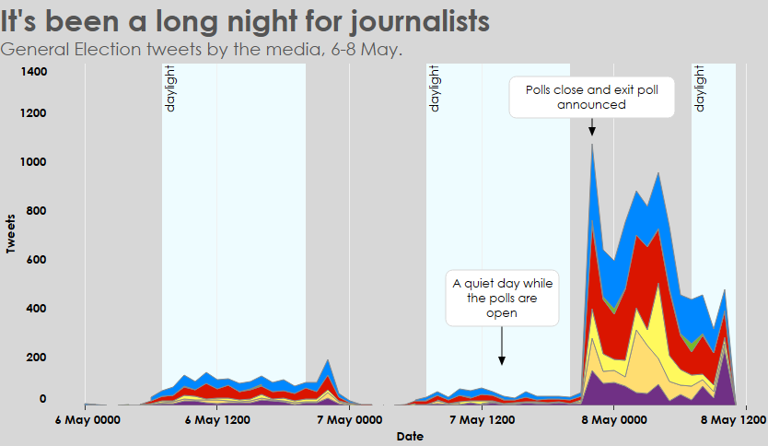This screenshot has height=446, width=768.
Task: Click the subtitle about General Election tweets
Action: click(x=202, y=49)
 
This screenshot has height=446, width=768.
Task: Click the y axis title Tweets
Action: click(x=12, y=234)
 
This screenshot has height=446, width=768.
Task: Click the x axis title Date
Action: click(x=410, y=437)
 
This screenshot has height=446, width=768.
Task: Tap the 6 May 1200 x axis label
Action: click(x=217, y=420)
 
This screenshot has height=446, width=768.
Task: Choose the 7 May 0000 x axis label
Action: click(x=349, y=420)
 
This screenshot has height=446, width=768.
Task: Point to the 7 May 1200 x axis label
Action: click(x=482, y=420)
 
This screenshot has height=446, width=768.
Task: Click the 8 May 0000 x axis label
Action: click(x=614, y=420)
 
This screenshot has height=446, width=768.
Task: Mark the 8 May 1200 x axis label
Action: click(x=733, y=420)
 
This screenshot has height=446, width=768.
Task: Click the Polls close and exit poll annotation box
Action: click(x=591, y=97)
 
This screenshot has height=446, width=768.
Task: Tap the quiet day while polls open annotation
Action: click(x=502, y=298)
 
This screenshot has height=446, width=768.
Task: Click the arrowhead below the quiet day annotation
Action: click(x=502, y=361)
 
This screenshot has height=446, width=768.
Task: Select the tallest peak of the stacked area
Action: click(x=591, y=145)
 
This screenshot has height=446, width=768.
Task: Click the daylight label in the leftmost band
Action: click(x=169, y=89)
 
